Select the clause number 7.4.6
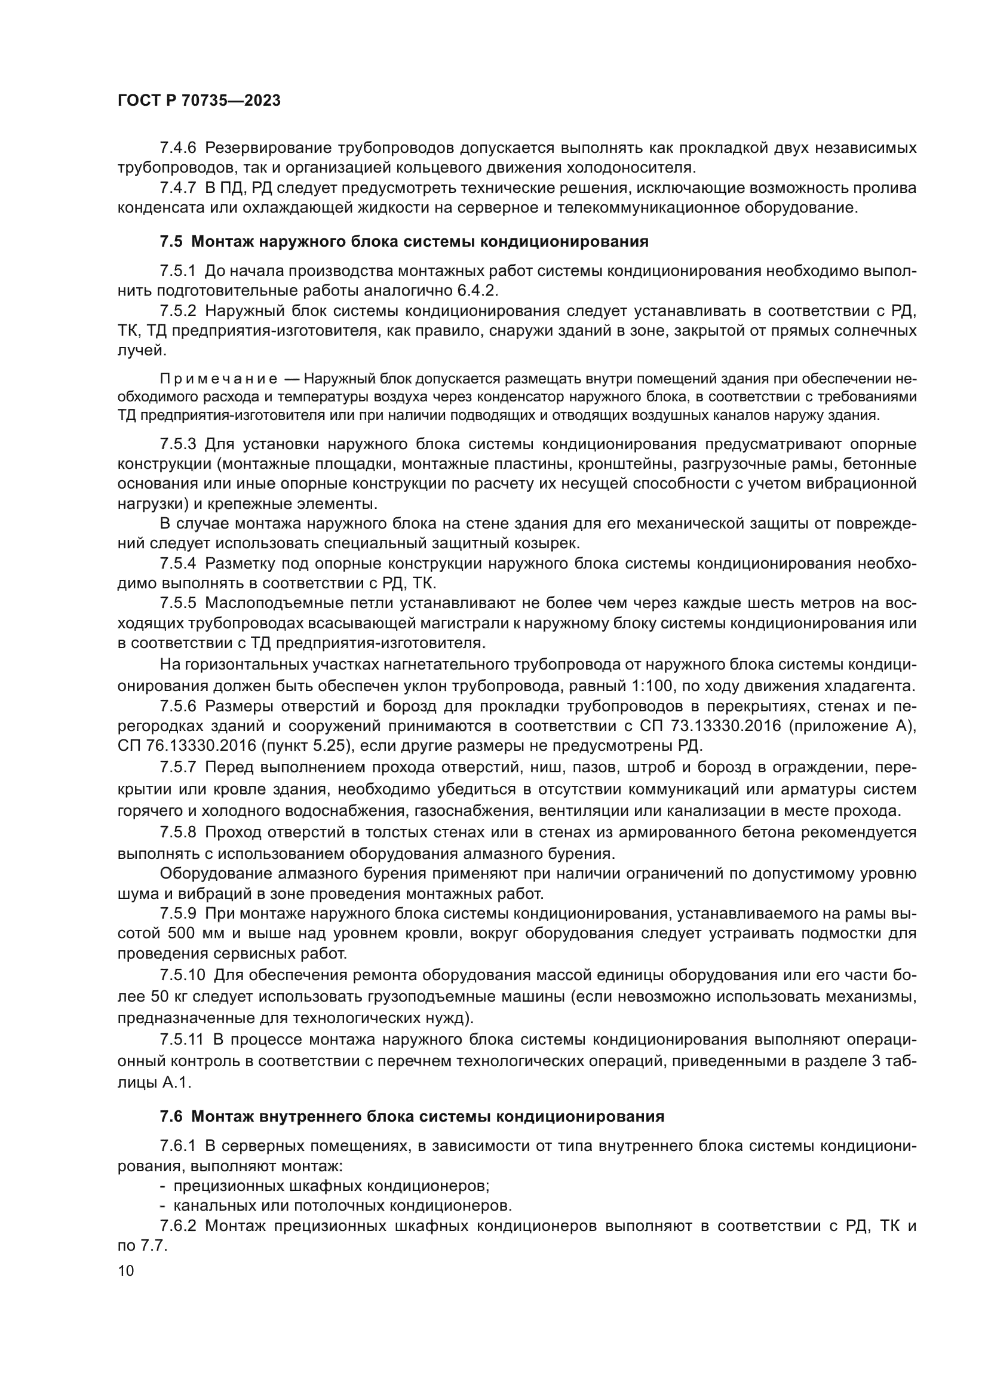coord(178,148)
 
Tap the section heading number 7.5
coord(171,241)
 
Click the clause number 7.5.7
coord(178,767)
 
